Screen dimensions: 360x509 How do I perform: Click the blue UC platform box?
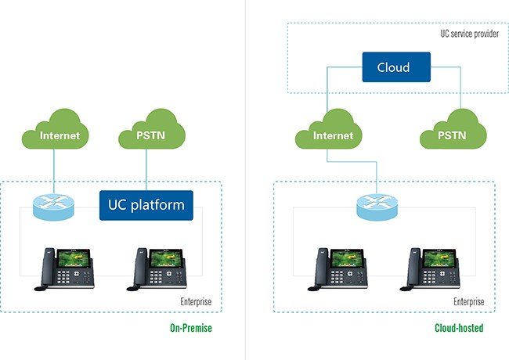click(x=146, y=205)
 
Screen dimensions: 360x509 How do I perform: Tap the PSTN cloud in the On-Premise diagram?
click(x=151, y=137)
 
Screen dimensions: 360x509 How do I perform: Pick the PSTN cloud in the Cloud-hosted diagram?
click(x=452, y=135)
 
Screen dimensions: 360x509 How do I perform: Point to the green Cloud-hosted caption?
click(x=460, y=328)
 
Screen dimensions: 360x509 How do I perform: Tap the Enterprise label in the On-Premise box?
click(x=197, y=301)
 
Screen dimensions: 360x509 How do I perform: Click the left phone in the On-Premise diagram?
click(x=64, y=270)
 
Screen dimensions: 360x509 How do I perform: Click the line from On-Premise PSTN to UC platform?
click(x=146, y=171)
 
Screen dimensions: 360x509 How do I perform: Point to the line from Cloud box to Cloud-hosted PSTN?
click(x=459, y=86)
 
